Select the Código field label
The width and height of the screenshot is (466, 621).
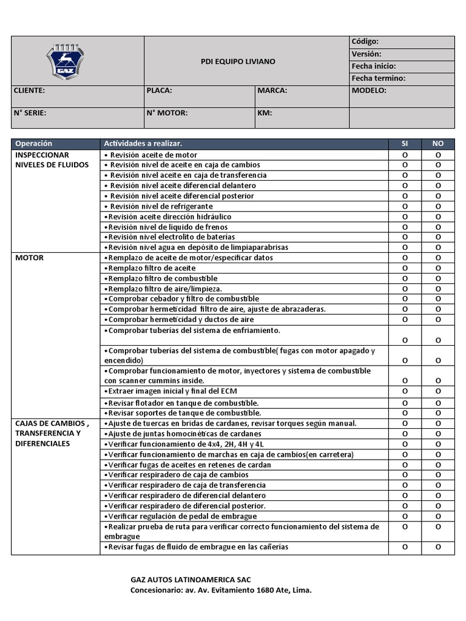tap(365, 41)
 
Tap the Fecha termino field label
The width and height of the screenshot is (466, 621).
tap(378, 78)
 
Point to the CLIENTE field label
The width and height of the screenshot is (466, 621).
tap(29, 90)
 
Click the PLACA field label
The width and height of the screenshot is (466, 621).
tap(160, 90)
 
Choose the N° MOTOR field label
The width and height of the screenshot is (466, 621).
tap(167, 113)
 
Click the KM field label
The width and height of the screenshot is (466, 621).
tap(265, 113)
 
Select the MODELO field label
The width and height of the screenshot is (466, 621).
tap(369, 90)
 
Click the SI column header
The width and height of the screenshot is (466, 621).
tap(405, 144)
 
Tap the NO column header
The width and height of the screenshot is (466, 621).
tap(437, 144)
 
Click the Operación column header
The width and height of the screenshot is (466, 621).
tap(34, 144)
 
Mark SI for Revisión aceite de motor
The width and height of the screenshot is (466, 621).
tap(405, 155)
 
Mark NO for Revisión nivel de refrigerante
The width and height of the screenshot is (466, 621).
tap(437, 206)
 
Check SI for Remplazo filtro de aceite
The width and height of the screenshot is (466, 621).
tap(405, 268)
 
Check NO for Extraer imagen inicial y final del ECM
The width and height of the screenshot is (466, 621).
tap(437, 391)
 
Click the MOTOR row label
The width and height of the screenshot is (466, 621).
tap(29, 258)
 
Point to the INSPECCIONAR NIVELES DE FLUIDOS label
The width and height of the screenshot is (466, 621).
tap(52, 160)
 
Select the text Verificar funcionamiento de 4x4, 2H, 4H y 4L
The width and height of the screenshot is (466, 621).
tap(184, 445)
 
